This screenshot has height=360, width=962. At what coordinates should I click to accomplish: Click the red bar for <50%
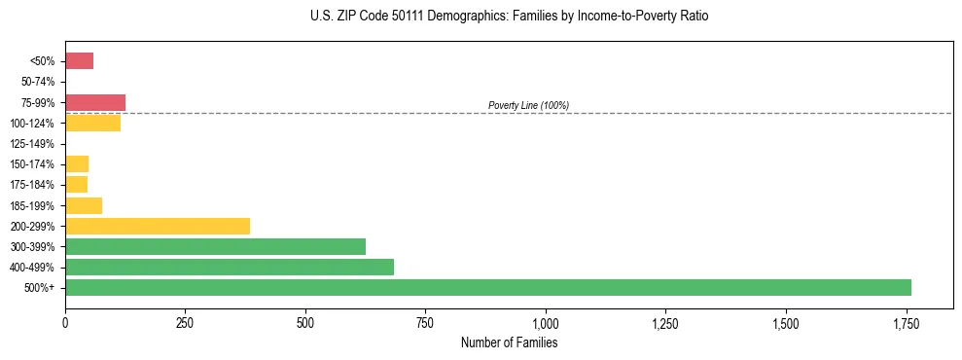[79, 61]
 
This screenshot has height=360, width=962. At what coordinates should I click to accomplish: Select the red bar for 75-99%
[95, 102]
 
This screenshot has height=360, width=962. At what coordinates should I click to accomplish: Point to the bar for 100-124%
[92, 123]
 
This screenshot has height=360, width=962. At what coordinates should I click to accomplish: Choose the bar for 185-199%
[84, 205]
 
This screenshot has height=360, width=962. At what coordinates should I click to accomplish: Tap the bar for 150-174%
[77, 163]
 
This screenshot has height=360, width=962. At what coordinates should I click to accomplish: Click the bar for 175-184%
[76, 185]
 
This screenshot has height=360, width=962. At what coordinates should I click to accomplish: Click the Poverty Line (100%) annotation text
[528, 105]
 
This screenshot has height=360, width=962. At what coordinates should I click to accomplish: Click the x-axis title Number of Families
[509, 342]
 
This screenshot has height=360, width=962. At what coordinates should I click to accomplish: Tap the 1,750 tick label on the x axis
[906, 322]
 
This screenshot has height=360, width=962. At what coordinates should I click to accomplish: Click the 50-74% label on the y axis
[39, 82]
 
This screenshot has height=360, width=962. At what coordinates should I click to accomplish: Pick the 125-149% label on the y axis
[37, 144]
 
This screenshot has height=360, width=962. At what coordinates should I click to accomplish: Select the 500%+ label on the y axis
[42, 288]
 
